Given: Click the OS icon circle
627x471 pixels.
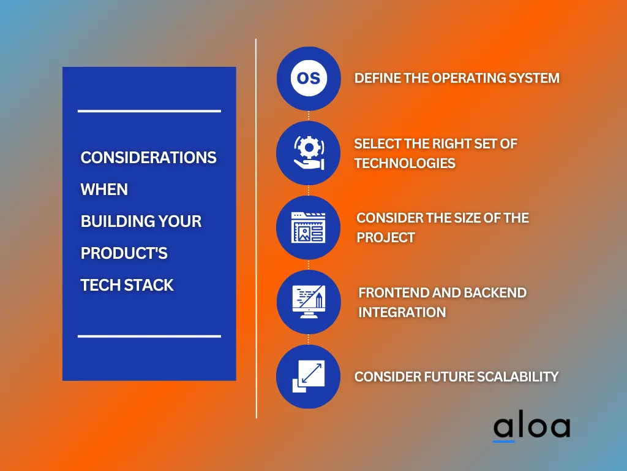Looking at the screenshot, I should click(x=308, y=78).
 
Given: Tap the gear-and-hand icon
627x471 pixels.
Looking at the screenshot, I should click(x=308, y=153).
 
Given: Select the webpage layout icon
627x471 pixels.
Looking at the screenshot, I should click(x=308, y=228).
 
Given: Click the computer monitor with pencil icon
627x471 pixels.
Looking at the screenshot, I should click(x=308, y=302).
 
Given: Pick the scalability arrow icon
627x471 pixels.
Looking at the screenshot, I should click(x=308, y=377).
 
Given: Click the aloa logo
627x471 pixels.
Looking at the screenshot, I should click(x=531, y=427).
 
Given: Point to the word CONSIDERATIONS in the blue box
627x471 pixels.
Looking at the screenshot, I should click(x=149, y=158).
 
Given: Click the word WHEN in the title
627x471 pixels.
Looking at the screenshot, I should click(x=104, y=190).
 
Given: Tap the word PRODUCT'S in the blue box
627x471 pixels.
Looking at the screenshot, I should click(x=124, y=253).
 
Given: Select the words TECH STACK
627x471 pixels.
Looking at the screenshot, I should click(x=127, y=285).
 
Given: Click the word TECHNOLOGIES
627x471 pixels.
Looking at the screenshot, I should click(x=405, y=163).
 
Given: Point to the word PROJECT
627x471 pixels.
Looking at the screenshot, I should click(x=386, y=237).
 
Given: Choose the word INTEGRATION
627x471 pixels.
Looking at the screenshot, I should click(x=402, y=312).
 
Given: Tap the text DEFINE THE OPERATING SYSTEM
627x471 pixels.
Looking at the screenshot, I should click(x=457, y=78).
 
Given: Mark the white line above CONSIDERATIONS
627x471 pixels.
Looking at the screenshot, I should click(x=149, y=111).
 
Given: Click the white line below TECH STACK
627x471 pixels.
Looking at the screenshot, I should click(x=149, y=336).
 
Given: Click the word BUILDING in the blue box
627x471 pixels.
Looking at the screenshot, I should click(x=110, y=221).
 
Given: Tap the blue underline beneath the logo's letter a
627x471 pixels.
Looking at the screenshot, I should click(x=504, y=440).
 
